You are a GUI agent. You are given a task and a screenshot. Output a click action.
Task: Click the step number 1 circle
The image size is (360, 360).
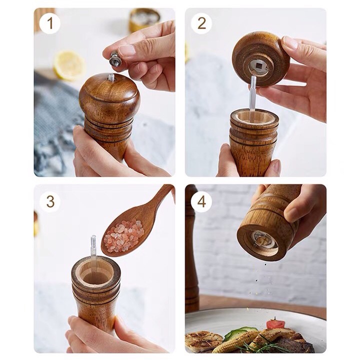50,23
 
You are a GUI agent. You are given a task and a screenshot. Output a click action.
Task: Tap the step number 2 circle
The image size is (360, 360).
201,23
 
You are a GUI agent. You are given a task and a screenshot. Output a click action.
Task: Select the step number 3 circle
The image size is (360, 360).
50,201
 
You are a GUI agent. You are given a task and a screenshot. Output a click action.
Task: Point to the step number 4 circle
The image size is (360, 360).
201,201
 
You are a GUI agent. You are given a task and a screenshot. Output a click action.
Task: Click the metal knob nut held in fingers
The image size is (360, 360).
115,59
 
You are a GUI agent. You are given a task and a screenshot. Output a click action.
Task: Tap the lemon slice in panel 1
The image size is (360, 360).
69,65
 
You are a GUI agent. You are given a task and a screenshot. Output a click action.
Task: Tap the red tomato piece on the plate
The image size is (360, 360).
275,324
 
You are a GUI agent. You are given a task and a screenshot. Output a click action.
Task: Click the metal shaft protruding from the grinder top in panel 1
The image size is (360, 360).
111,77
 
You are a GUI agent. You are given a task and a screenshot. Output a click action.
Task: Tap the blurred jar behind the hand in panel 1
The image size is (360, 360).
144,20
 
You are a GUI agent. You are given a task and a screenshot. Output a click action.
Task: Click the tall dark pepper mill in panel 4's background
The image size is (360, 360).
191,248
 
